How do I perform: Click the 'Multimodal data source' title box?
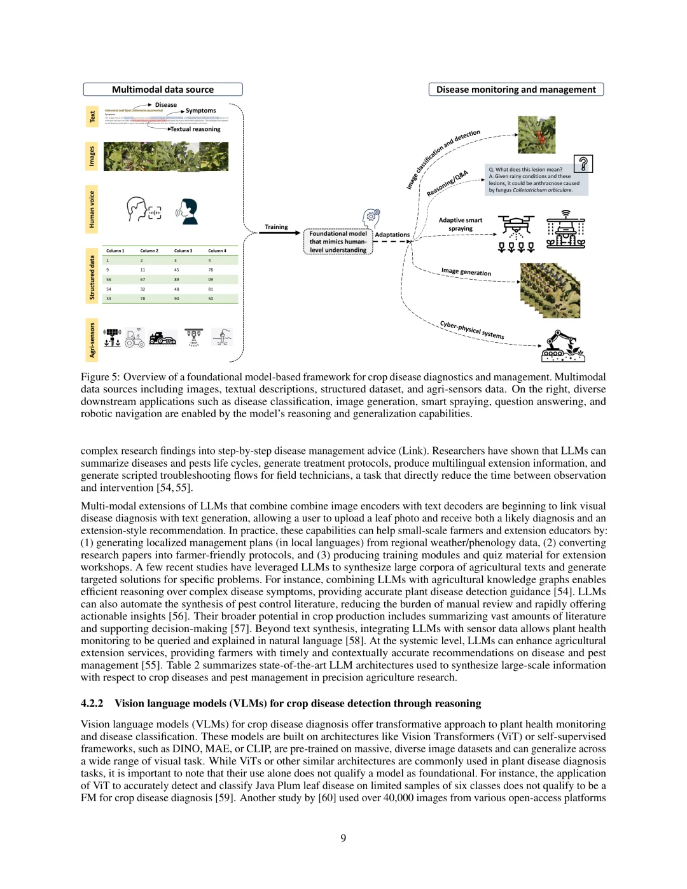163,90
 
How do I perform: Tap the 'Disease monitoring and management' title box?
516,90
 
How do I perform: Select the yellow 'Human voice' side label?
92,209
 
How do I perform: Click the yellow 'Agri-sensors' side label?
92,340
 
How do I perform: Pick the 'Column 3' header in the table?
183,251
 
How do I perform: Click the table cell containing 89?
177,279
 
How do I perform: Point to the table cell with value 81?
211,289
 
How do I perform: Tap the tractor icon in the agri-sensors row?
135,338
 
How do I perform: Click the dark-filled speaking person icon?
188,211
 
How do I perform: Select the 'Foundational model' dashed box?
338,242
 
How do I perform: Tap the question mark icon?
583,164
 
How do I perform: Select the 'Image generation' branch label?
466,272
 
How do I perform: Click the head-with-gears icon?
371,218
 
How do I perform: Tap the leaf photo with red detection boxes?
537,135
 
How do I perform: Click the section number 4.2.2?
92,703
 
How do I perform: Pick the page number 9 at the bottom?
343,838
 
